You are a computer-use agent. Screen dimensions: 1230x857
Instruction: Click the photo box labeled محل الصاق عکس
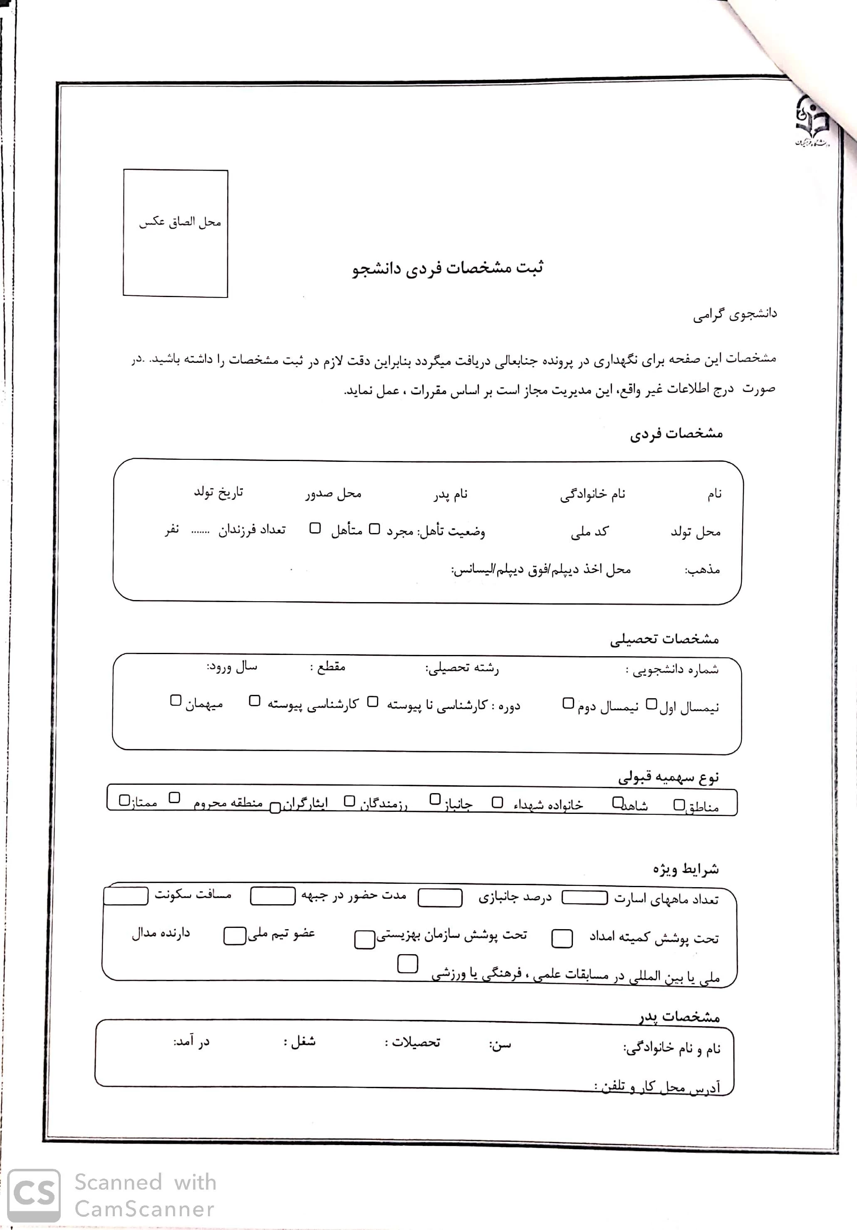[176, 233]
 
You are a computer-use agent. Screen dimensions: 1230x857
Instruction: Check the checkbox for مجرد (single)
[375, 529]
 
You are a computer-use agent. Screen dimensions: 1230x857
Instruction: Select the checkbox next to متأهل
[315, 528]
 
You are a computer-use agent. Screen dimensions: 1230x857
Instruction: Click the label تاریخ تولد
[218, 492]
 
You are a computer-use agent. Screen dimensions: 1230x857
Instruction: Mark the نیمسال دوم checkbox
[568, 703]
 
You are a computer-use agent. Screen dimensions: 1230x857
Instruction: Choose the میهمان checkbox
[176, 700]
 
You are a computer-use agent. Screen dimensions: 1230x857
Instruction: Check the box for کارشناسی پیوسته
[255, 701]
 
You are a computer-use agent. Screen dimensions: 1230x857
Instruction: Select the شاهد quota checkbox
[617, 802]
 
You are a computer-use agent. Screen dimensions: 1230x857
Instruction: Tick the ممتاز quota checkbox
[124, 800]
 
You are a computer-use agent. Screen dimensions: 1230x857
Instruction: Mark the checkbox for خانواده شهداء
[498, 802]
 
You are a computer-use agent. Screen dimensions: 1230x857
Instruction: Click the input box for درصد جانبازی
[440, 898]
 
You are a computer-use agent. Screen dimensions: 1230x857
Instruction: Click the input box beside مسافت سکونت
[126, 896]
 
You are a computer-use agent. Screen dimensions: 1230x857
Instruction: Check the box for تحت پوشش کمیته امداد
[562, 938]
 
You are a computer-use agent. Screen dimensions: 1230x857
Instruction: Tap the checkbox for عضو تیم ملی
[235, 936]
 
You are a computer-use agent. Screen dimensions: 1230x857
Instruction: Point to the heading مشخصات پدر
[679, 1016]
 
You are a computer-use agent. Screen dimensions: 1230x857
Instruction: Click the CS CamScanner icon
[34, 1196]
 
